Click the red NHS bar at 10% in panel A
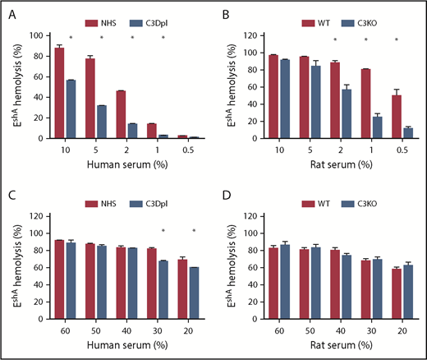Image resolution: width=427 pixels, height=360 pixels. (59, 93)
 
